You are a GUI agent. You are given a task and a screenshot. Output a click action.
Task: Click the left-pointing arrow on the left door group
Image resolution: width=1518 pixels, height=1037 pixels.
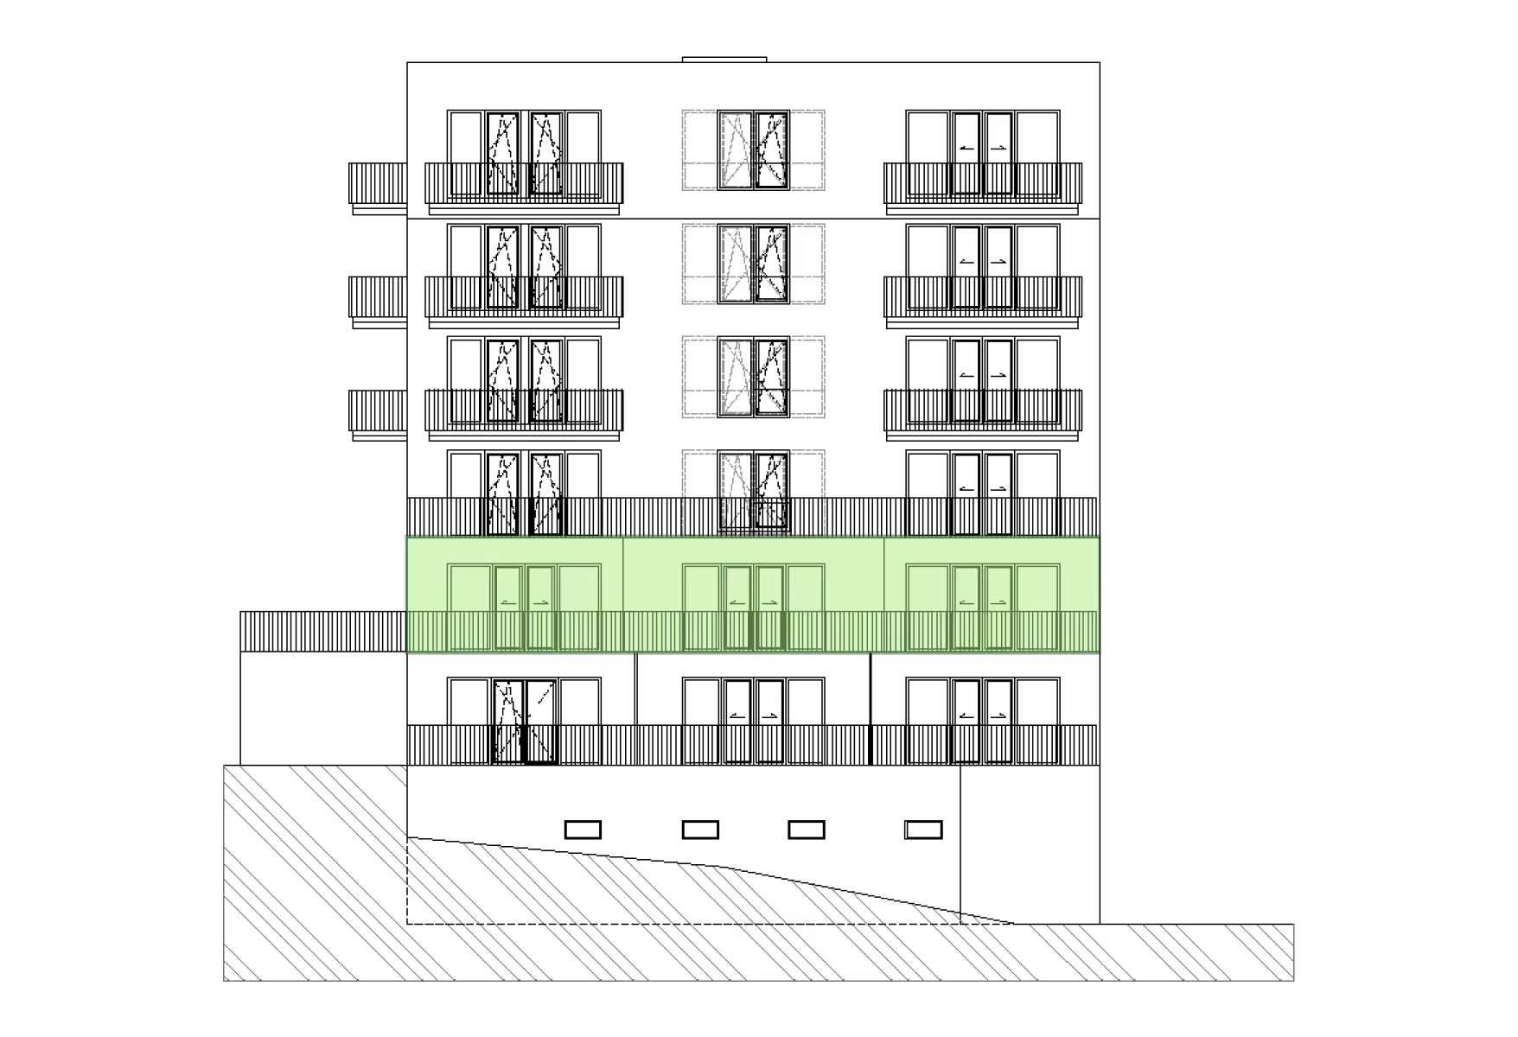click(507, 603)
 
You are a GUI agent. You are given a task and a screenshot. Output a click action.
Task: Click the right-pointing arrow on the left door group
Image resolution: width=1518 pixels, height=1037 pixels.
click(540, 603)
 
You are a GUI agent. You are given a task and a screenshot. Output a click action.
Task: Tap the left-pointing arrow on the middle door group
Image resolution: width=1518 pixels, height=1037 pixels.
click(737, 603)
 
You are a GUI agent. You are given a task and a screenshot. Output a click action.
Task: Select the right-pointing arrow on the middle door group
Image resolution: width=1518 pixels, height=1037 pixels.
click(769, 603)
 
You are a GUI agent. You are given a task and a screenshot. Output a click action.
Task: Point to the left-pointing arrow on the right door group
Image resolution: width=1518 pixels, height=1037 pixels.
click(966, 603)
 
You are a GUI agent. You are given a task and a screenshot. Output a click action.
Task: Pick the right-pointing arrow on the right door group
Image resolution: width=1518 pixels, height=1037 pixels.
click(998, 603)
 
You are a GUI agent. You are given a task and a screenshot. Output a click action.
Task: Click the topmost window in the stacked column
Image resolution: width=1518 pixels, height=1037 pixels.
click(753, 150)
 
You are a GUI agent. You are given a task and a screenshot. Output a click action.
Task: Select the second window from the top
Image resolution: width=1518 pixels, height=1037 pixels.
click(753, 264)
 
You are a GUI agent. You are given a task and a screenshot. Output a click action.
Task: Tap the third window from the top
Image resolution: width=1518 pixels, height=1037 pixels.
click(753, 377)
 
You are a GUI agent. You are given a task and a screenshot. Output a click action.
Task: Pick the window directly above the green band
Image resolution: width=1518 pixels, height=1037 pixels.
click(753, 492)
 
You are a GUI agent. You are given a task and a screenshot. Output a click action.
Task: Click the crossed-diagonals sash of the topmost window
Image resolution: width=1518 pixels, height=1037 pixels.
click(737, 150)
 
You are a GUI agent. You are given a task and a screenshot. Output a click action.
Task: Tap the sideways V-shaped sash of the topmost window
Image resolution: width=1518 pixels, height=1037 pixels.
click(770, 150)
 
